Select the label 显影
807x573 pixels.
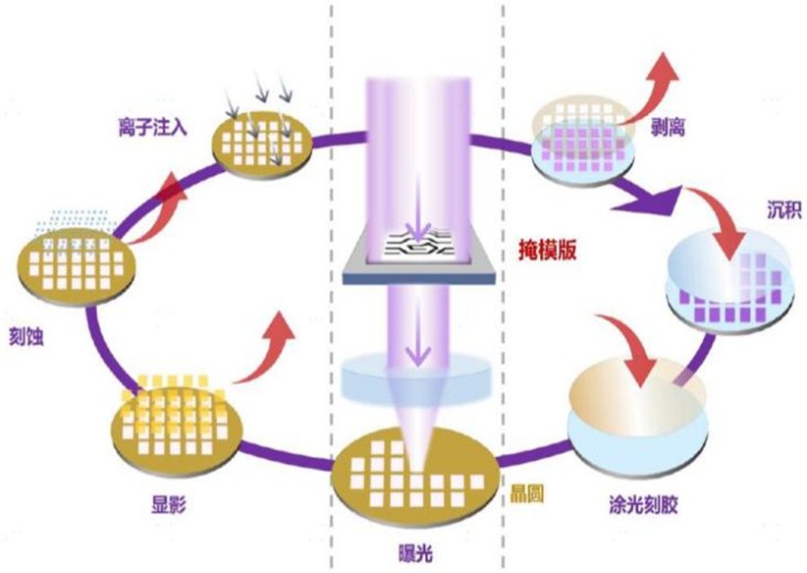[170, 505]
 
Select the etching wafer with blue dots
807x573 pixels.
[75, 261]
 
